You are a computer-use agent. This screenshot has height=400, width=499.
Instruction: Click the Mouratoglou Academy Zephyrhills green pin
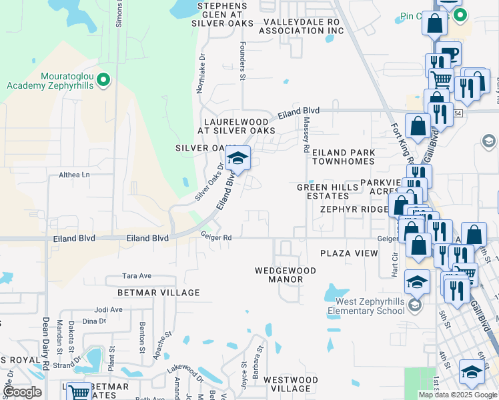point(103,81)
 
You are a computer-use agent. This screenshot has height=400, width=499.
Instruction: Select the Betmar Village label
point(159,293)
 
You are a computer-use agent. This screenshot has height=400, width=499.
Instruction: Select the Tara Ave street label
point(137,276)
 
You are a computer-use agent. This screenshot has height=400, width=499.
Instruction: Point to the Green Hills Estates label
point(323,191)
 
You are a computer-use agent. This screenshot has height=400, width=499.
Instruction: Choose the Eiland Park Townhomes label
point(344,157)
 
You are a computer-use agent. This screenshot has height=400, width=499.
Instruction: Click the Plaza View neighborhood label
point(349,253)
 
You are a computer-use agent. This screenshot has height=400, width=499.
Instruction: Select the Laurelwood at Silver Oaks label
point(239,126)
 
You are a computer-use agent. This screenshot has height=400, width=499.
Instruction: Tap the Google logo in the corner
point(22,392)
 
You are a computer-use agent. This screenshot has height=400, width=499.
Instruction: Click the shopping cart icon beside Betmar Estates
point(79,391)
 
